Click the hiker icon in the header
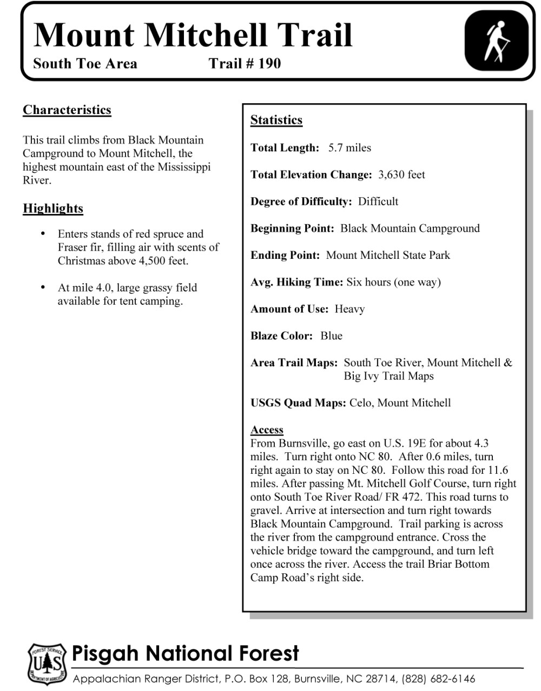pos(496,42)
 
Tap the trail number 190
pos(269,64)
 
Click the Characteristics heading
pos(67,110)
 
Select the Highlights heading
pos(53,209)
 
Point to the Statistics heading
pos(276,120)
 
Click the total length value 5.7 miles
pos(349,148)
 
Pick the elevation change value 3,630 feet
pos(401,175)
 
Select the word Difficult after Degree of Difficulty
pos(378,202)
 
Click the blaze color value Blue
pos(331,336)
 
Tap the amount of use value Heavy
pos(349,309)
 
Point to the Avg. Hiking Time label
pos(296,282)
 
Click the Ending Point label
pos(285,255)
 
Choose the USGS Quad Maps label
pos(298,403)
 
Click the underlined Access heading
pos(267,430)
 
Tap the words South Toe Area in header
pos(85,64)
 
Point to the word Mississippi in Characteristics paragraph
pos(183,167)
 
